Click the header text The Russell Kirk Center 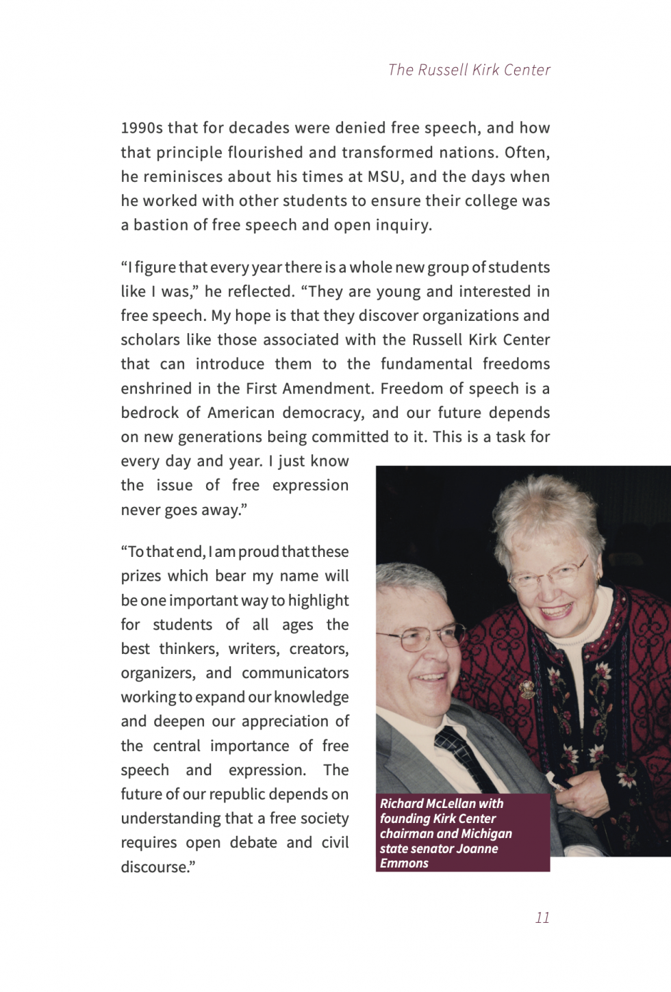(469, 70)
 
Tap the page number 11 (542, 917)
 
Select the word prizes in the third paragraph (142, 576)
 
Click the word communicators (295, 673)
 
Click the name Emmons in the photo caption (404, 863)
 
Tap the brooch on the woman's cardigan (527, 688)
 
